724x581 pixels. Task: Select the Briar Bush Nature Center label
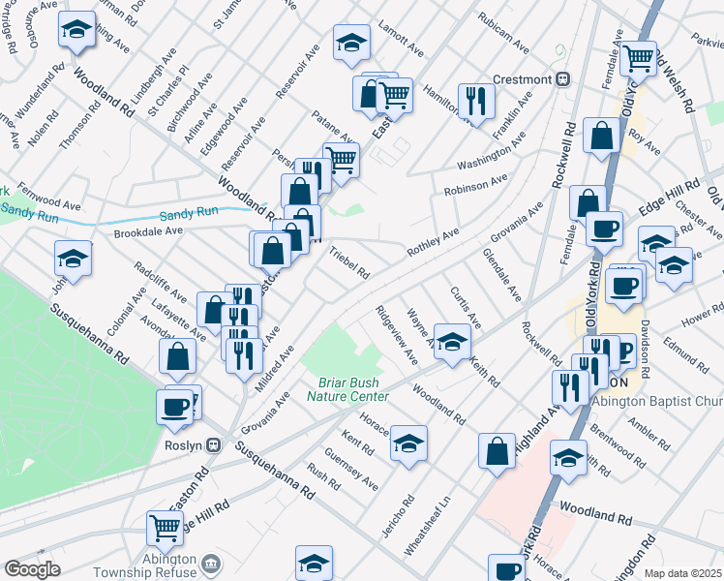[348, 389]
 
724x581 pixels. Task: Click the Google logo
[32, 569]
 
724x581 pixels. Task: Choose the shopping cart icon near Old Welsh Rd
[639, 58]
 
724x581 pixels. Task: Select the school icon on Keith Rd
[452, 341]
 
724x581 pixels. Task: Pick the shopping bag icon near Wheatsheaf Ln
[497, 450]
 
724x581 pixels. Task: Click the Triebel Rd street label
[349, 261]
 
